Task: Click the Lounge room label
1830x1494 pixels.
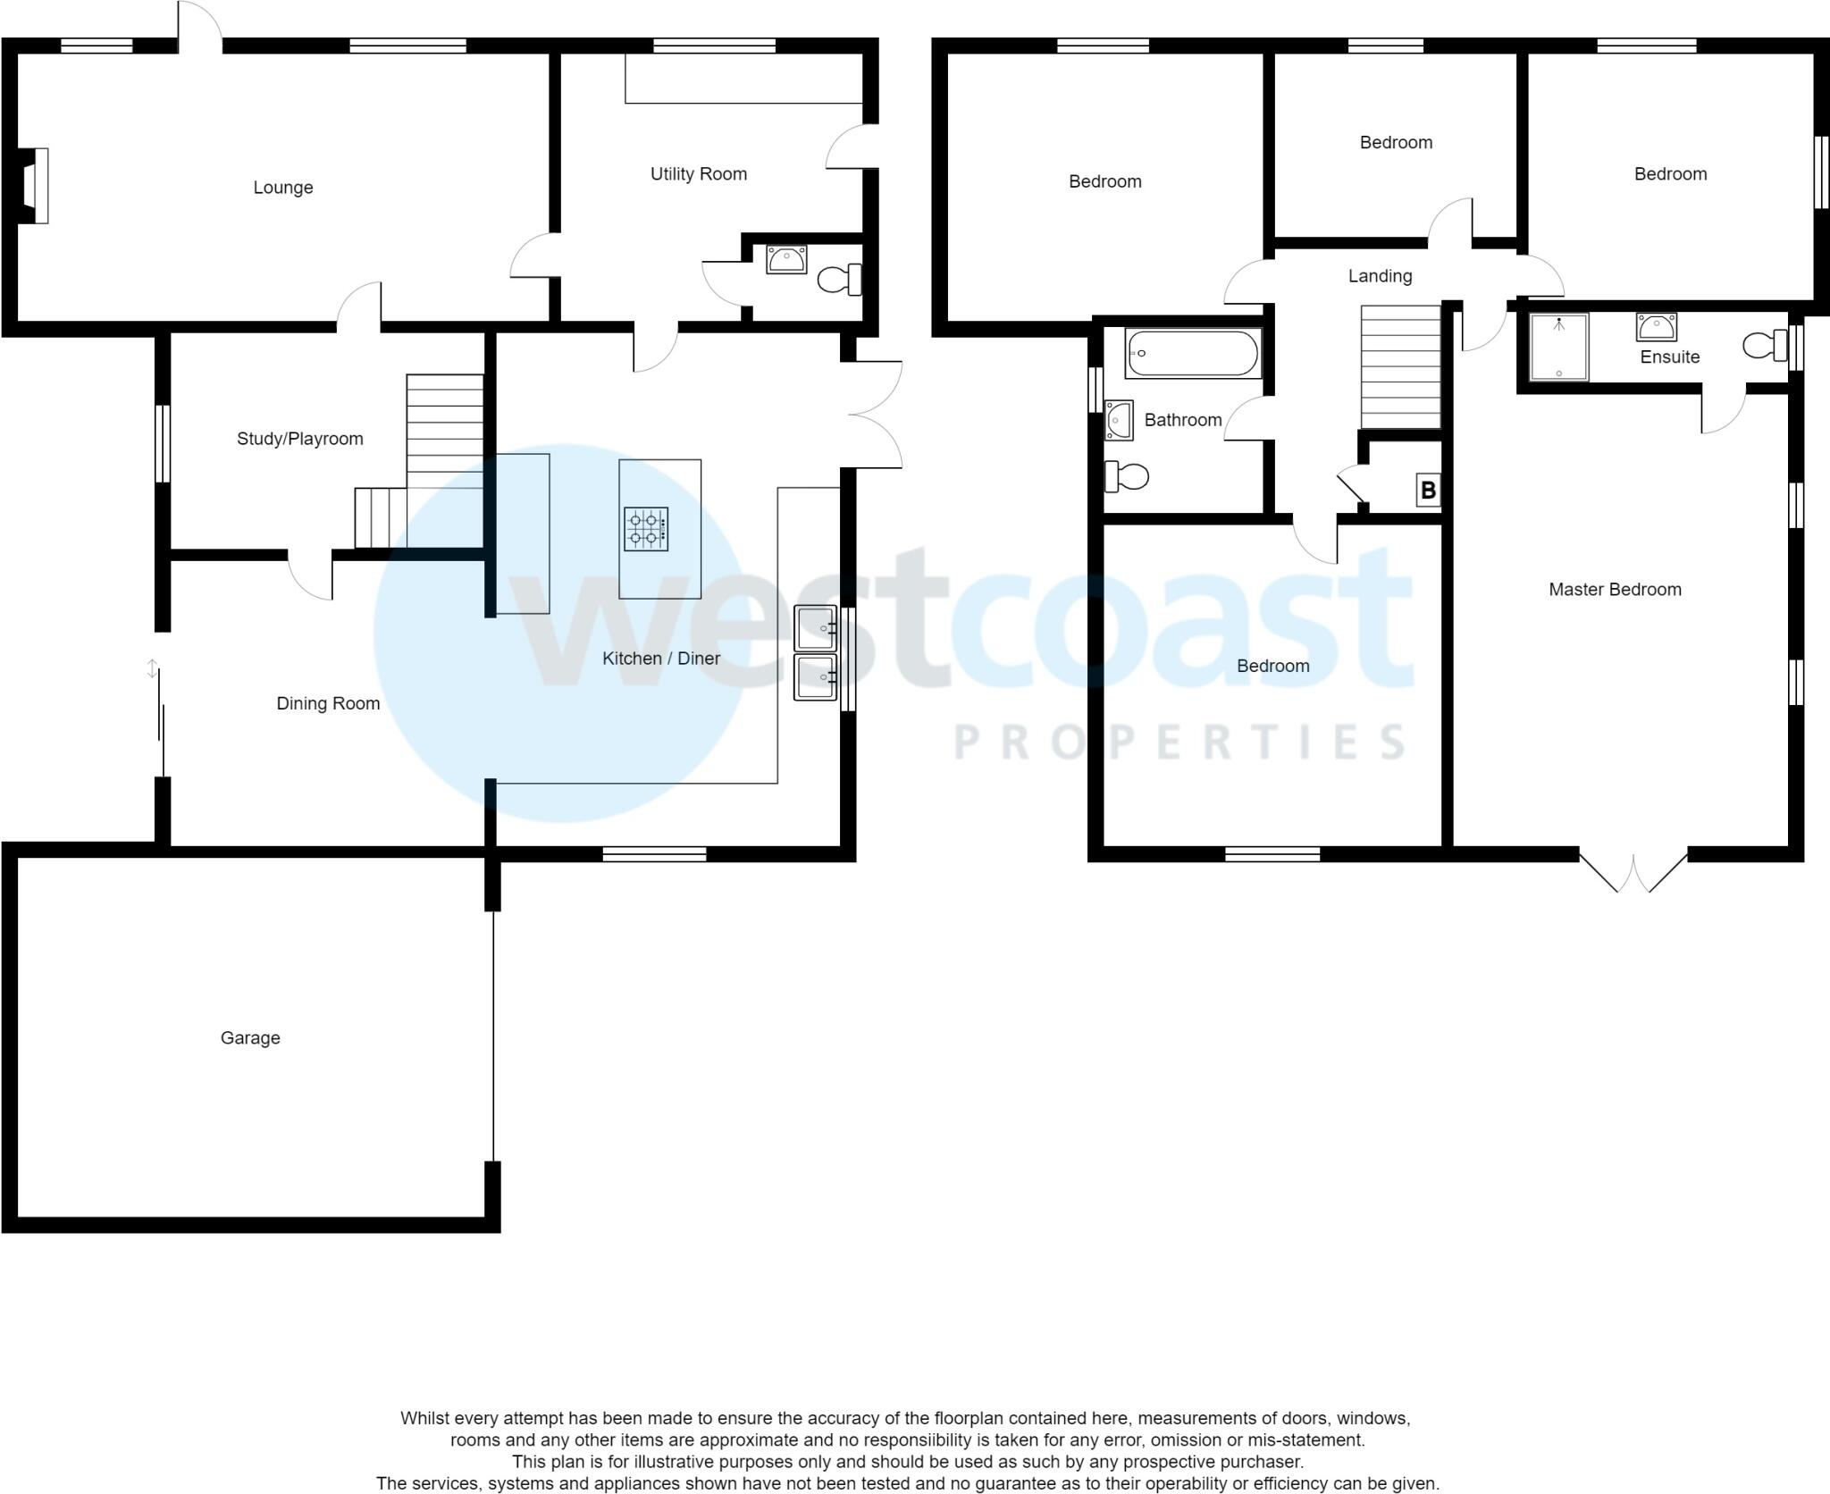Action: click(282, 188)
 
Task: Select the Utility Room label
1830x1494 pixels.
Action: click(698, 174)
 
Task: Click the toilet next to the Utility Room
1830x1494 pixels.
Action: click(840, 280)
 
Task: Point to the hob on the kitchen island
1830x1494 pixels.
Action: click(645, 529)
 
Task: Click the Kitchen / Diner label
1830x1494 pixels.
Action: click(660, 659)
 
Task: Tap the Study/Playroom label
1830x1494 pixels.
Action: click(299, 439)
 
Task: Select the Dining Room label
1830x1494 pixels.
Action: click(328, 704)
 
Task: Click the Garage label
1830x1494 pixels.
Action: click(250, 1038)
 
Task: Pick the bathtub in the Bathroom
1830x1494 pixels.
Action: click(1193, 354)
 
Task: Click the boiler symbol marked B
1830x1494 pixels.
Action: click(1428, 491)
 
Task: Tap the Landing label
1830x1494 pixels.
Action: click(1380, 276)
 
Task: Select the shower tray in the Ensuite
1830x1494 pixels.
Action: click(1558, 347)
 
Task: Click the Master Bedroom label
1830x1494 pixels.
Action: click(1615, 590)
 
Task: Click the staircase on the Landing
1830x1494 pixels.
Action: click(1400, 367)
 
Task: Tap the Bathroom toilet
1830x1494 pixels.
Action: click(1126, 476)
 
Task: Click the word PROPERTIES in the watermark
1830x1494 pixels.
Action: click(1179, 743)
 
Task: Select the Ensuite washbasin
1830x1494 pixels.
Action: click(1656, 327)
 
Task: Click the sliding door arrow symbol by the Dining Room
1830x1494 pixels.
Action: click(153, 668)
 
